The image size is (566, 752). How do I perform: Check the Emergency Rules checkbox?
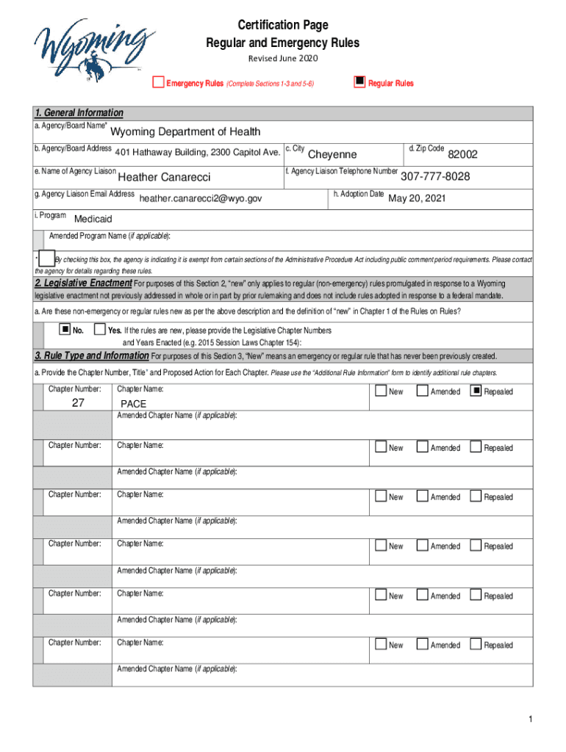(x=158, y=82)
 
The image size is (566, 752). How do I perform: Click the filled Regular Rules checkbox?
(x=359, y=82)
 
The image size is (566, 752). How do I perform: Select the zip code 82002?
(x=462, y=154)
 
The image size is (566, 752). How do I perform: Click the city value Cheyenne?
(x=332, y=154)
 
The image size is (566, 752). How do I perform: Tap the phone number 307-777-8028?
(x=435, y=176)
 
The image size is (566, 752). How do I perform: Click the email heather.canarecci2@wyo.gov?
(x=200, y=198)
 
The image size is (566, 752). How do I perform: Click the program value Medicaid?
(x=93, y=219)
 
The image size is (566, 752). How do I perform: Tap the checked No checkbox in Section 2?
(x=65, y=329)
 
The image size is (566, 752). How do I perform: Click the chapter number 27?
(x=78, y=403)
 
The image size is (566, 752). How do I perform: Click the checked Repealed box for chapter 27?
(x=476, y=391)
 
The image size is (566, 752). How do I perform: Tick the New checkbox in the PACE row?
(x=380, y=391)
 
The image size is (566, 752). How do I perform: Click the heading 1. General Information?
(x=79, y=112)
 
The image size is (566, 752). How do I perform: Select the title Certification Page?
(x=282, y=26)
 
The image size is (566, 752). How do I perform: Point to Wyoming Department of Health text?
(x=185, y=132)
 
